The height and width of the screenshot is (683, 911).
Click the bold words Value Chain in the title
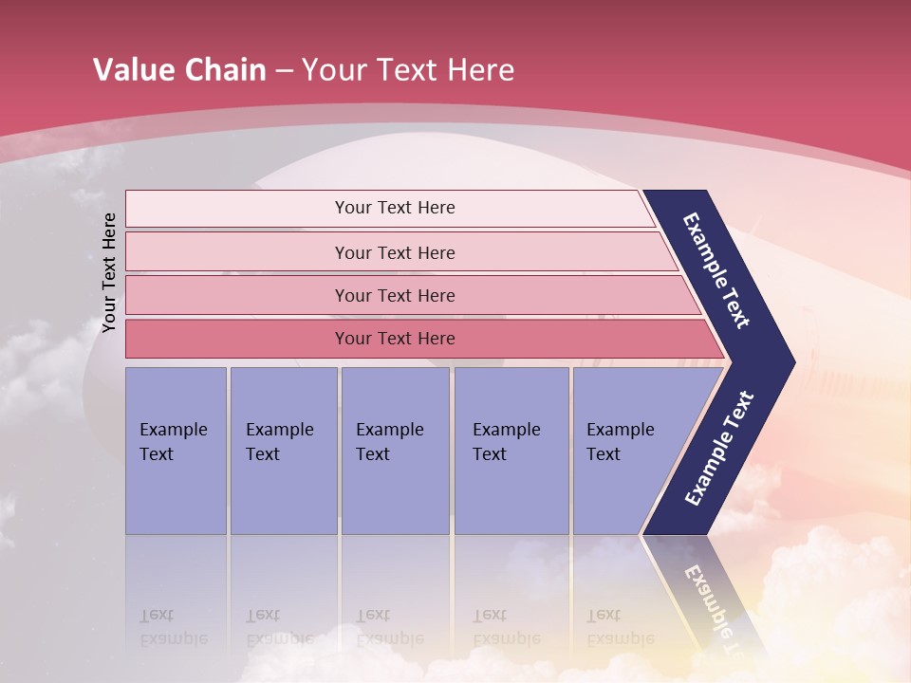tap(179, 69)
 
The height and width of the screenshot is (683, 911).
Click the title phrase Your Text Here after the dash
tap(408, 69)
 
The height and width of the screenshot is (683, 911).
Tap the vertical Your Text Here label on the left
tap(109, 272)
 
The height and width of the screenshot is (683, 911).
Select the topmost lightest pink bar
tap(237, 209)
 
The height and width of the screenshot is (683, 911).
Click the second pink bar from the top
tap(237, 252)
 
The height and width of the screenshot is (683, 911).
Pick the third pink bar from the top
tap(237, 295)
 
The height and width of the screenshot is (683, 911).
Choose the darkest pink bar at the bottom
tap(237, 339)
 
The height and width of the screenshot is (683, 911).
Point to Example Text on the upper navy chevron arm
tap(716, 270)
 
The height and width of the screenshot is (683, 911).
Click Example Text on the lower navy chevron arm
tap(719, 449)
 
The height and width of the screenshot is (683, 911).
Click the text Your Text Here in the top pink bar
tap(395, 208)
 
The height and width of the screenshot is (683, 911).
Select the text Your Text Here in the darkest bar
tap(395, 339)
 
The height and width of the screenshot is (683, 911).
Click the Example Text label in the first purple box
tap(173, 441)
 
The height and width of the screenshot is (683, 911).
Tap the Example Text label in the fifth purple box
tap(620, 441)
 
